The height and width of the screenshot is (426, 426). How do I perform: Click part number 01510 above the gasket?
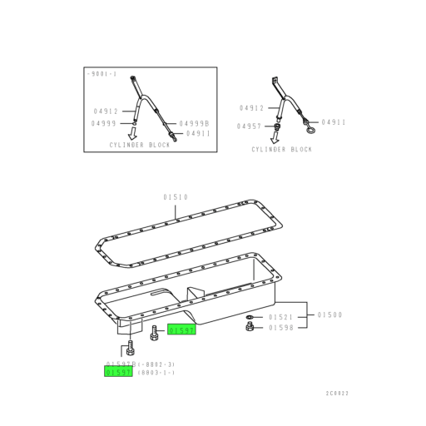(x=176, y=197)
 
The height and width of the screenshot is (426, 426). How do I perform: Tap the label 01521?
(x=280, y=318)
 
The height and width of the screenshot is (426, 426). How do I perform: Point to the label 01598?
(x=280, y=329)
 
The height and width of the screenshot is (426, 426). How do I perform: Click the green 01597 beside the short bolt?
(x=181, y=330)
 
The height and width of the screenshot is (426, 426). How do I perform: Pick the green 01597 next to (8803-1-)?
(x=118, y=373)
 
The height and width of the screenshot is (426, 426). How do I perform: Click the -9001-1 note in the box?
(x=102, y=74)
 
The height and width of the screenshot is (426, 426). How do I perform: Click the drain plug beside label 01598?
(x=250, y=329)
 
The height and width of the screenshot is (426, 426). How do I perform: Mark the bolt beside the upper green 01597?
(x=155, y=333)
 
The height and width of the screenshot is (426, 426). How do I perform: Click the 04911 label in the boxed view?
(x=198, y=133)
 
